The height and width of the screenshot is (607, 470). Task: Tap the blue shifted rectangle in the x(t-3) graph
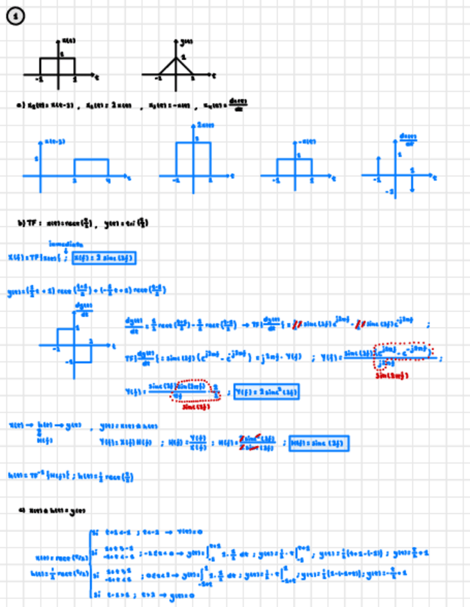click(x=91, y=166)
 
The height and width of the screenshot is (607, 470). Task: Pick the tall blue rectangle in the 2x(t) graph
click(x=193, y=158)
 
